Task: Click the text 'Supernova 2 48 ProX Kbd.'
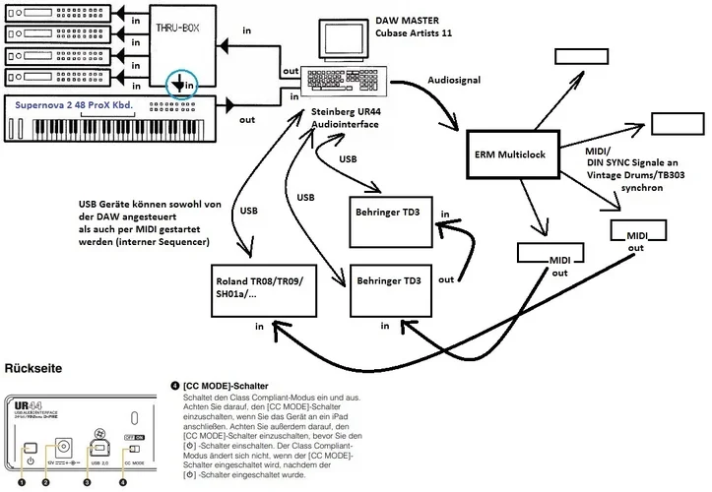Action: tap(72, 105)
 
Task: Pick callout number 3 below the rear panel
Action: tap(87, 481)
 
